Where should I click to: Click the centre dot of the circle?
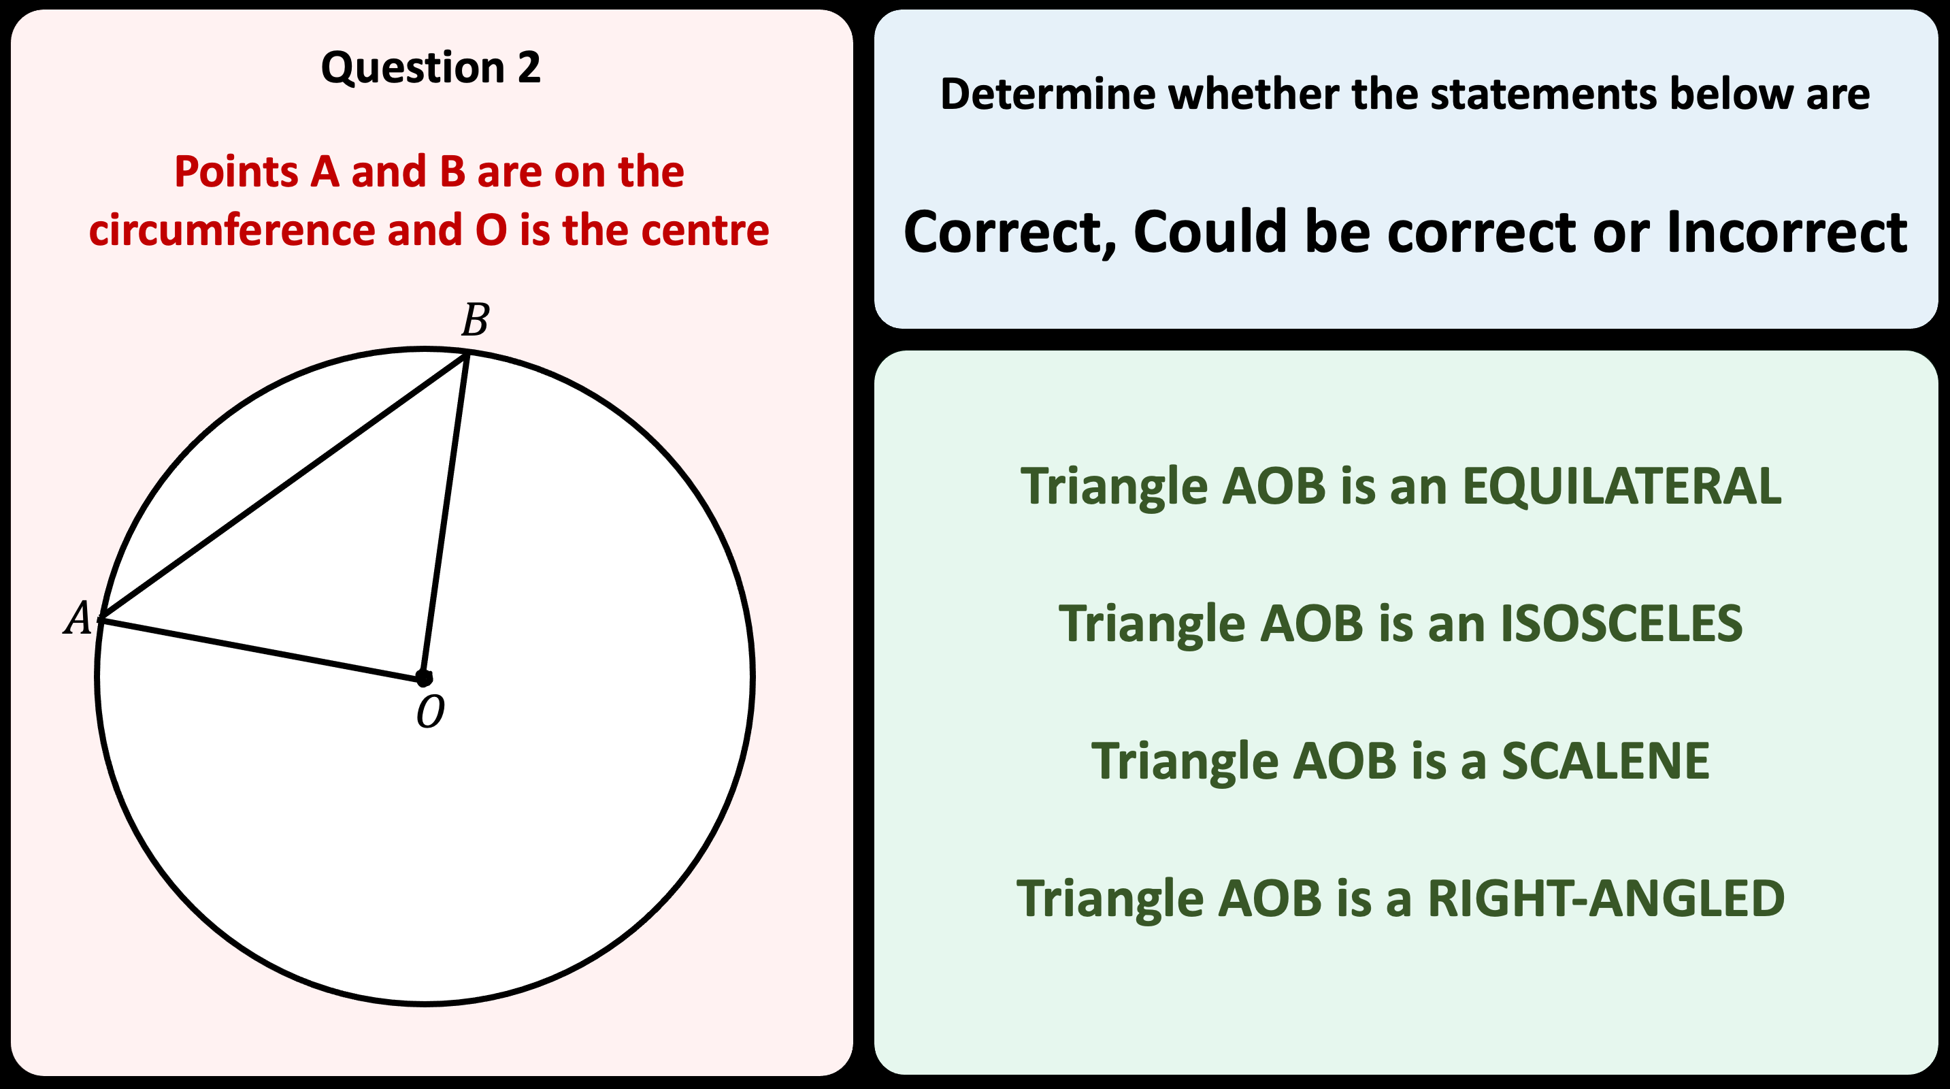click(x=424, y=678)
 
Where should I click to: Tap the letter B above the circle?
click(x=476, y=321)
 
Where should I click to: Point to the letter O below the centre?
click(x=430, y=713)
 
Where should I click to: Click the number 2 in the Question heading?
click(x=529, y=67)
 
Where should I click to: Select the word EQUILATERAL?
click(x=1621, y=485)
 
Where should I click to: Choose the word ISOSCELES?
click(x=1621, y=623)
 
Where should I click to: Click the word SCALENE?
click(x=1605, y=761)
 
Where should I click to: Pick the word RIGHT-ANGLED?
click(x=1606, y=899)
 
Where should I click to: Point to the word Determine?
click(x=1048, y=95)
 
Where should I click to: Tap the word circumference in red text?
click(x=231, y=230)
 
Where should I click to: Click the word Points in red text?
click(x=236, y=172)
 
